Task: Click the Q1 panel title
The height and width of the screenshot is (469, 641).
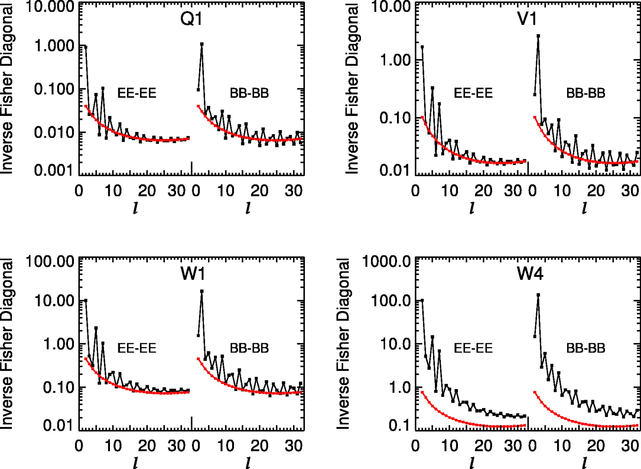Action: click(x=191, y=19)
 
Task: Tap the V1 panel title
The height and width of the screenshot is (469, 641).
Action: click(x=527, y=19)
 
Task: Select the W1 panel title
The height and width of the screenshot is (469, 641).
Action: click(x=192, y=273)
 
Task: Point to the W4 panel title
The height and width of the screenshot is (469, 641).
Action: click(x=530, y=273)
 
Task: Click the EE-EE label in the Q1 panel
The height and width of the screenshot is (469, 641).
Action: click(x=137, y=93)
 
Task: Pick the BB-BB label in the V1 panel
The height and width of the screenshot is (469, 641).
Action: click(x=586, y=93)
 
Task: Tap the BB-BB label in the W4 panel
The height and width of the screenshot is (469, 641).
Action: click(x=586, y=348)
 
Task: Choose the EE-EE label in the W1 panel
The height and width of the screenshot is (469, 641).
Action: click(x=137, y=348)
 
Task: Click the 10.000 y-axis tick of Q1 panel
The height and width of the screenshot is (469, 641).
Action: click(x=50, y=7)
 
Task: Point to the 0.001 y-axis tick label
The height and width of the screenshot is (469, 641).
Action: click(x=54, y=170)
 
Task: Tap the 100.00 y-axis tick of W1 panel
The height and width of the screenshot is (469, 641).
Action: click(x=50, y=262)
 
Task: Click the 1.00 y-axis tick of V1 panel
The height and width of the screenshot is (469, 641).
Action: click(x=395, y=60)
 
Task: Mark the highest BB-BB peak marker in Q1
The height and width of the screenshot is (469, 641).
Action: click(x=202, y=44)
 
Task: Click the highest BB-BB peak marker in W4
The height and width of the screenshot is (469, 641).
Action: click(x=538, y=295)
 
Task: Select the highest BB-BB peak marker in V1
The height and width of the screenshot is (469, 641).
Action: click(x=538, y=36)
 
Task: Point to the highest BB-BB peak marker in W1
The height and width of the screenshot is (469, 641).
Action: click(x=202, y=291)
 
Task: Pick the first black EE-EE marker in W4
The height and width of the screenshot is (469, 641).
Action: click(x=422, y=300)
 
